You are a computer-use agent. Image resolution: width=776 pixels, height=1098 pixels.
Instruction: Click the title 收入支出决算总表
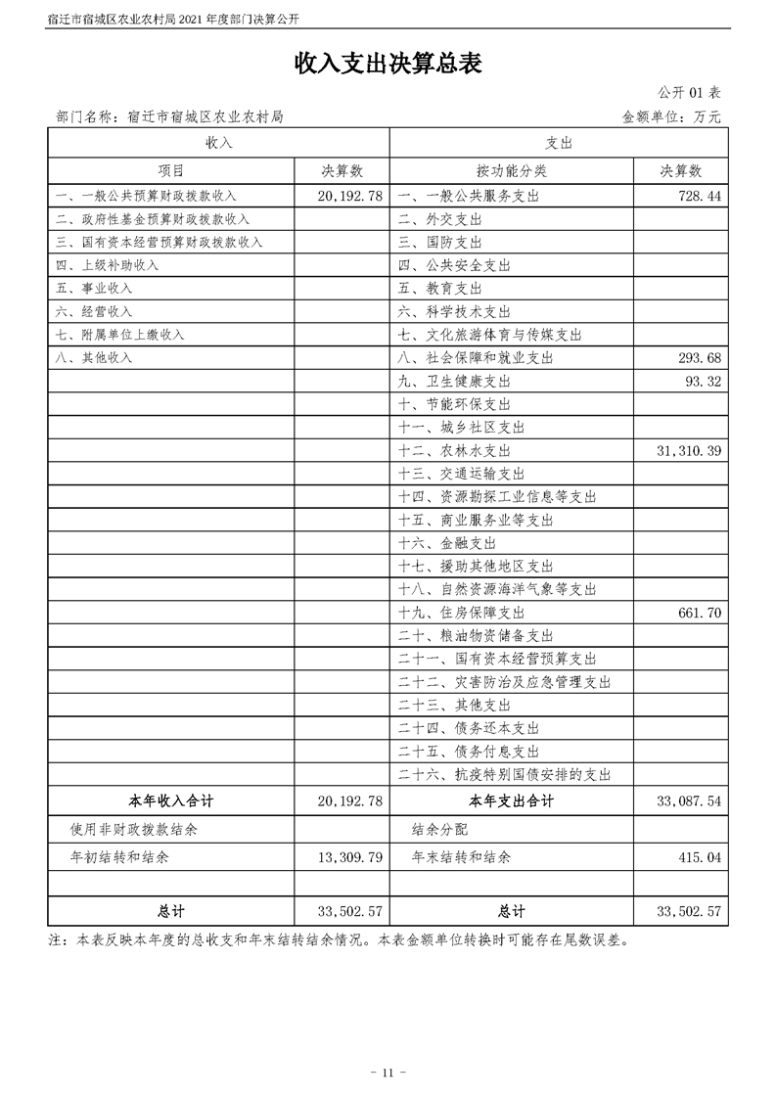pos(388,65)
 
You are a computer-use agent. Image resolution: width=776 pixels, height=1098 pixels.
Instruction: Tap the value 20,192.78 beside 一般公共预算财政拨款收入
pos(349,196)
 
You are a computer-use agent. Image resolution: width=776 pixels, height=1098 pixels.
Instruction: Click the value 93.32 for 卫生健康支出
pos(704,381)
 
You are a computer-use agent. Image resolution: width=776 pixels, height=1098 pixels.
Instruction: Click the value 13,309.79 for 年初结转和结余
pos(349,856)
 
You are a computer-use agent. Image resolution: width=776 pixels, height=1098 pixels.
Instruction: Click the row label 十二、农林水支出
pos(454,450)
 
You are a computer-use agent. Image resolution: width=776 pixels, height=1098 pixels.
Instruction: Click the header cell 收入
pos(218,143)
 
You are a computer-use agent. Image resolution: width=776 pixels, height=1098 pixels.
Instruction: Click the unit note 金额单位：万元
pos(671,116)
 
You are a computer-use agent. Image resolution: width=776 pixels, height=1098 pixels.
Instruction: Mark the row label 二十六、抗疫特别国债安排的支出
pos(505,774)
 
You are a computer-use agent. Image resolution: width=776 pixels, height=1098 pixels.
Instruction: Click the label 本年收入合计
pos(171,801)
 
